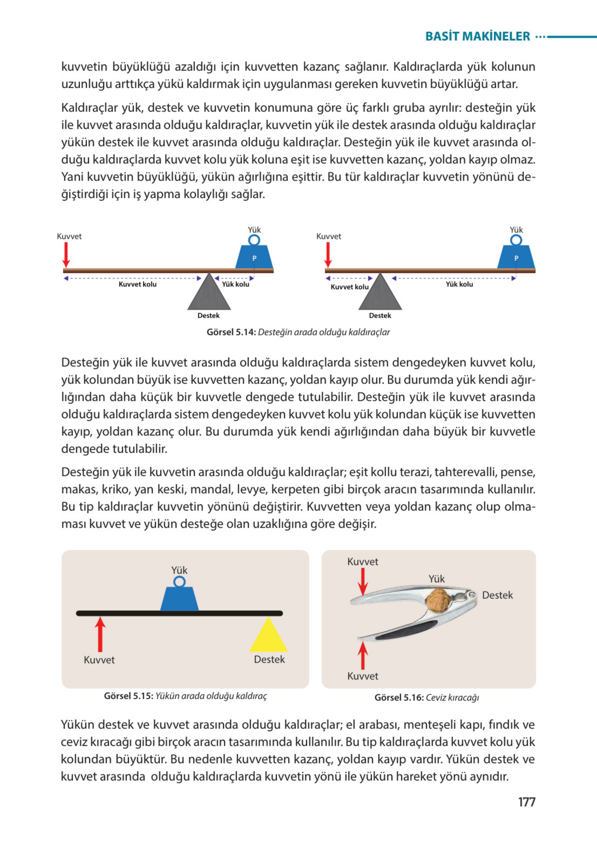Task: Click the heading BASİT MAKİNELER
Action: pos(477,36)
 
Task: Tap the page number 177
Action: pos(526,802)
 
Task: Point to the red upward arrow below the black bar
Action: pos(100,635)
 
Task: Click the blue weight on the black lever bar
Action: pos(180,598)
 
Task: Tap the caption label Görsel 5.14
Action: pos(231,332)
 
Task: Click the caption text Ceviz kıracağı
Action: pos(453,698)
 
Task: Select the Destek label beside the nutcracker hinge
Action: pos(497,595)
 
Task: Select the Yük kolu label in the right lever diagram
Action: pos(459,284)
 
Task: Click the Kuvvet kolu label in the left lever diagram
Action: pos(137,284)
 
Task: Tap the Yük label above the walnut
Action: pos(437,579)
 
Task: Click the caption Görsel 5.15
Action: pos(128,696)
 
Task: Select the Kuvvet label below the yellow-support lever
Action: pos(99,660)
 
